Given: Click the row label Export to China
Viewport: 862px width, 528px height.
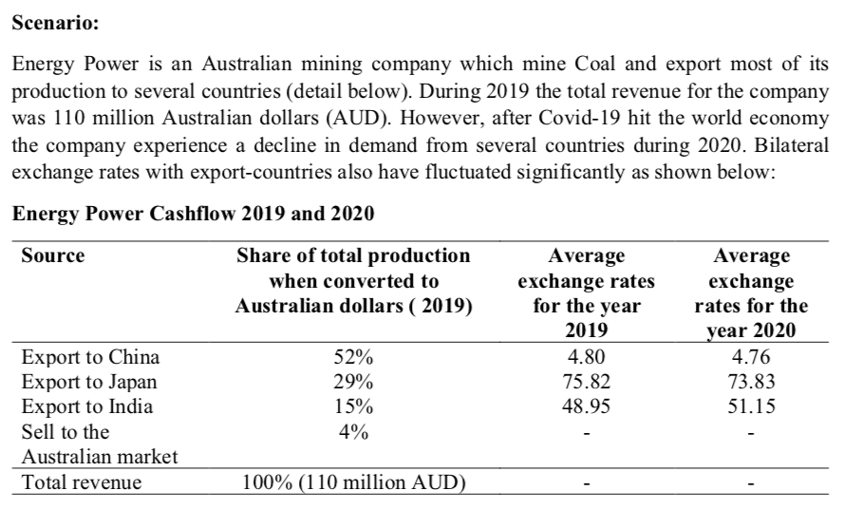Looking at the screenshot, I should coord(89,358).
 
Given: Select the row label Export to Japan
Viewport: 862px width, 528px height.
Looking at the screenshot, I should coord(89,383).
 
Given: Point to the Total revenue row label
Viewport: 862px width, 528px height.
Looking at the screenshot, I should coord(81,482).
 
